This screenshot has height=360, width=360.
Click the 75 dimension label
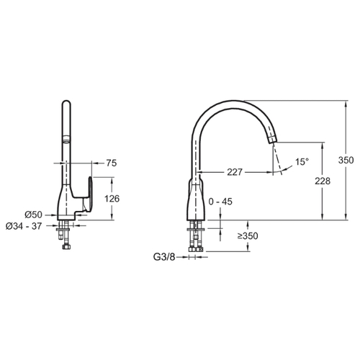pyautogui.click(x=112, y=163)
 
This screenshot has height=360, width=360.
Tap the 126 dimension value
pyautogui.click(x=112, y=199)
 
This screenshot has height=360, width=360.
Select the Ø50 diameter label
pyautogui.click(x=34, y=215)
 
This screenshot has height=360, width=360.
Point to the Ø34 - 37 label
pyautogui.click(x=24, y=226)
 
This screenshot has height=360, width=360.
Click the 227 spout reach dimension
pyautogui.click(x=235, y=172)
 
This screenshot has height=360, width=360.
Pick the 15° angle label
pyautogui.click(x=302, y=162)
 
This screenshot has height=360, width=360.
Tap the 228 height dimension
pyautogui.click(x=323, y=181)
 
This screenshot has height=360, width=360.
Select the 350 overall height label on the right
pyautogui.click(x=346, y=160)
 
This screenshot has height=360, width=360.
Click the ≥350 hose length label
pyautogui.click(x=248, y=236)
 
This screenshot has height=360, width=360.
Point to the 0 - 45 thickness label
pyautogui.click(x=220, y=202)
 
